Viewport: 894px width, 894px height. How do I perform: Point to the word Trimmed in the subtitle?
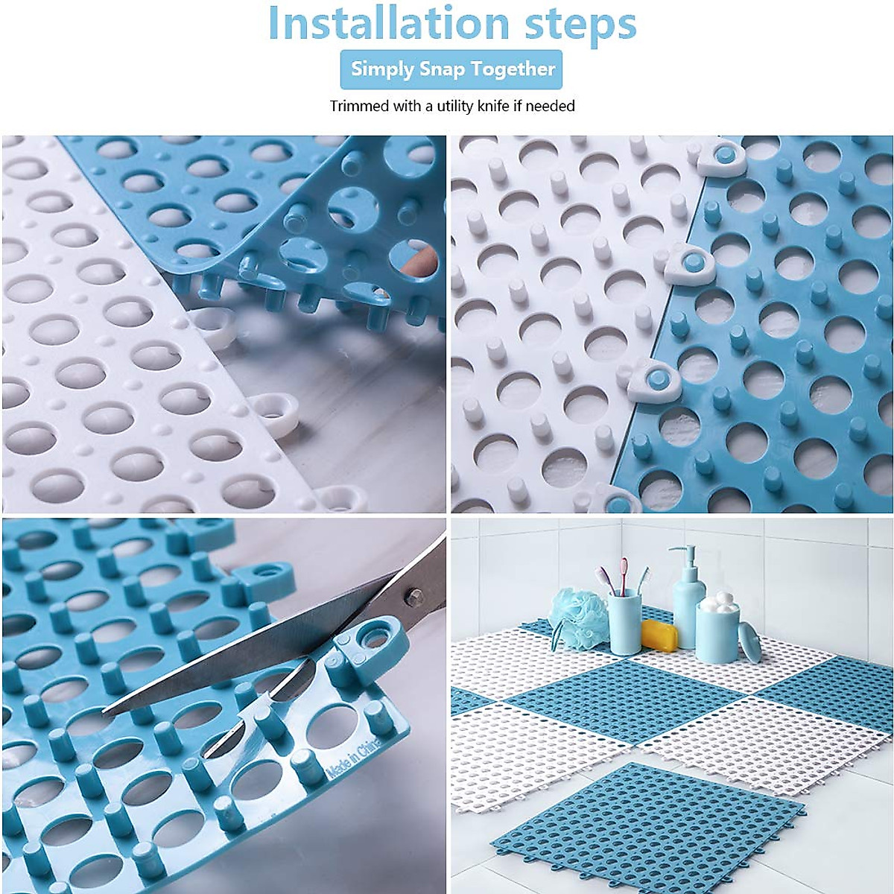tap(359, 106)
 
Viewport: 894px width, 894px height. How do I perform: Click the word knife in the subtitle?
tap(510, 106)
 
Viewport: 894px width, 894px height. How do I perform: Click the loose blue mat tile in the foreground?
tap(648, 812)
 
